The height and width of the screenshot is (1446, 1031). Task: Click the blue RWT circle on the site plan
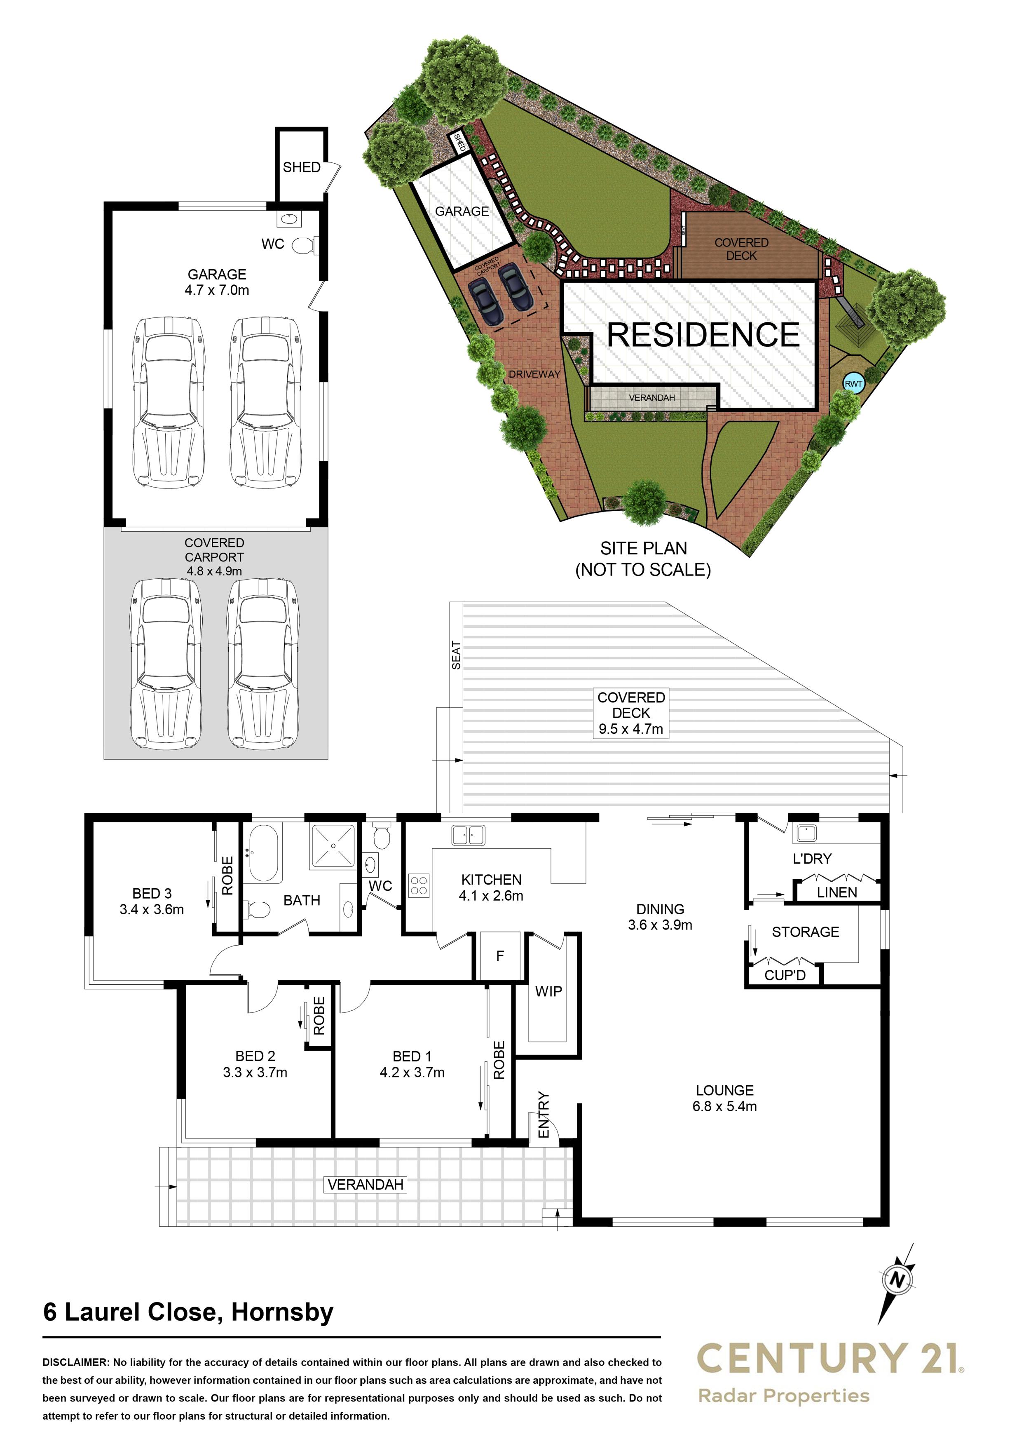(853, 384)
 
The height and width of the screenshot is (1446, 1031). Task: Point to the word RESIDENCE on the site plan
(703, 335)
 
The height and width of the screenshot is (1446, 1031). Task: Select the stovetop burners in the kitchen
(419, 885)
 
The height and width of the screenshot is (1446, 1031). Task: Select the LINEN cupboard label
(837, 892)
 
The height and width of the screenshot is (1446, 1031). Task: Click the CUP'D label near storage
(785, 975)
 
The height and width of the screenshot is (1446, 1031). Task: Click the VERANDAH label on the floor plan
(366, 1184)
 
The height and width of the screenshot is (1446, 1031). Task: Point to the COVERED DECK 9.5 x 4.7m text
(631, 713)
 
